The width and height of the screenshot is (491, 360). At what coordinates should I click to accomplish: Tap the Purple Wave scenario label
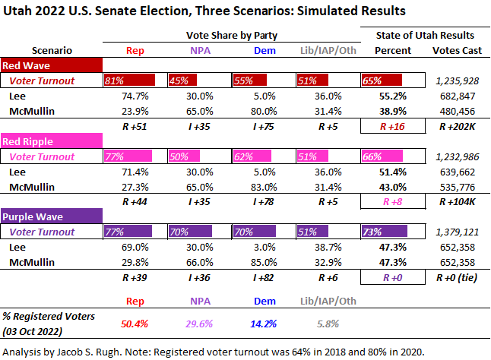click(32, 216)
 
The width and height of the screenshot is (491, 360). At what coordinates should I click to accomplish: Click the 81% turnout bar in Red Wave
click(130, 80)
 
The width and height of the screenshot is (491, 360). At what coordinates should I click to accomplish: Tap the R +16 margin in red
click(393, 127)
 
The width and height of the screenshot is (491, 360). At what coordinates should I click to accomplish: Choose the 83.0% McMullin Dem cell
click(258, 186)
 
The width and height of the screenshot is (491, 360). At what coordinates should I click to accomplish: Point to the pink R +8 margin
click(393, 201)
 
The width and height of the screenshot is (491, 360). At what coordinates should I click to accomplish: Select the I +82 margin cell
click(258, 277)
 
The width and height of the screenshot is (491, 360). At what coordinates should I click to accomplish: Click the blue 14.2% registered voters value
click(259, 323)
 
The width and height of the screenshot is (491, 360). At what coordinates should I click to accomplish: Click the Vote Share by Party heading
click(232, 35)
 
